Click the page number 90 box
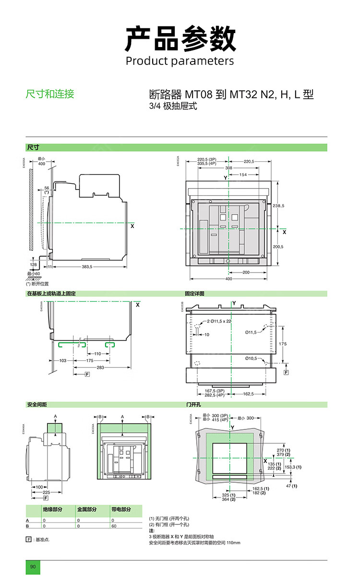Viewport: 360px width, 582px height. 33,567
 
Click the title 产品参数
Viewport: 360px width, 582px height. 180,39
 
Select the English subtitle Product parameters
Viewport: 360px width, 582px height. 180,61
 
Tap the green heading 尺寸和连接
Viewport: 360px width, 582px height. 50,94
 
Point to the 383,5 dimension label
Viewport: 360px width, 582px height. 87,266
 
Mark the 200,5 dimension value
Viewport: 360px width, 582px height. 278,246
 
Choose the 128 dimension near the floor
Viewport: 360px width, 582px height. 34,264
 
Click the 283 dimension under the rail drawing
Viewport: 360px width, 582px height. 100,368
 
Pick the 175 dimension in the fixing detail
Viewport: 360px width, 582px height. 283,344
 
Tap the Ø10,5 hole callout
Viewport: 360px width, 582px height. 251,358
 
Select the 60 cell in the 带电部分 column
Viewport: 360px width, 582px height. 114,526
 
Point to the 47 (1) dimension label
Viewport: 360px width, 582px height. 291,486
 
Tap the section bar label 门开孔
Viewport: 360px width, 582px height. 193,405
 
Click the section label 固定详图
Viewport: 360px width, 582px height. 195,293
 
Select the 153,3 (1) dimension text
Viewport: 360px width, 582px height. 293,467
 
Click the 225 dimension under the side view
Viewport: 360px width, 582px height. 46,492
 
